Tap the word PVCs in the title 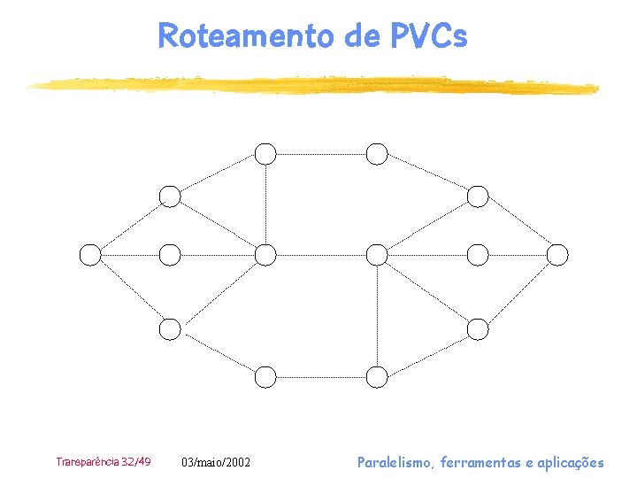coord(427,35)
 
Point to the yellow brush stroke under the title coord(310,85)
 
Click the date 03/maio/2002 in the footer coord(216,462)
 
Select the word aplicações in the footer coord(570,462)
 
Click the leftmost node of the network coord(90,255)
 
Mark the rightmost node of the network coord(557,255)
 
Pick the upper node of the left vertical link coord(265,154)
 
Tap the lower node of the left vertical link coord(265,255)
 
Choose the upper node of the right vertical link coord(378,255)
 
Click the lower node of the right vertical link coord(378,377)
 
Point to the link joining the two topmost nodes coord(321,154)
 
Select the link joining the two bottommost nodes coord(321,377)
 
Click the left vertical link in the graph coord(265,204)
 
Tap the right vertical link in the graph coord(378,316)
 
